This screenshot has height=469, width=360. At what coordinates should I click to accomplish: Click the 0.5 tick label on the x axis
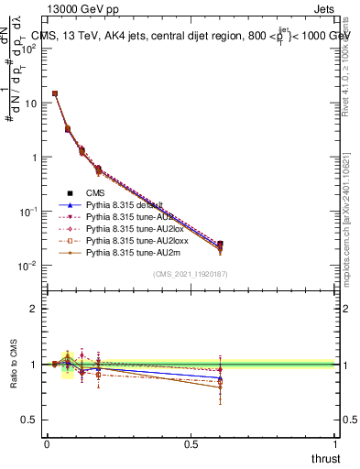click(191, 444)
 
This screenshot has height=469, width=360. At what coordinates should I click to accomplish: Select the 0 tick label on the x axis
click(47, 444)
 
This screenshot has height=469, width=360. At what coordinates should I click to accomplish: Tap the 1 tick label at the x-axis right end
click(335, 444)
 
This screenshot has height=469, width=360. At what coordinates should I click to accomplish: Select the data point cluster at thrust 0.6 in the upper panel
click(220, 245)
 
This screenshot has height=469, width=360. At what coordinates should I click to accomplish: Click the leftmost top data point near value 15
click(55, 93)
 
